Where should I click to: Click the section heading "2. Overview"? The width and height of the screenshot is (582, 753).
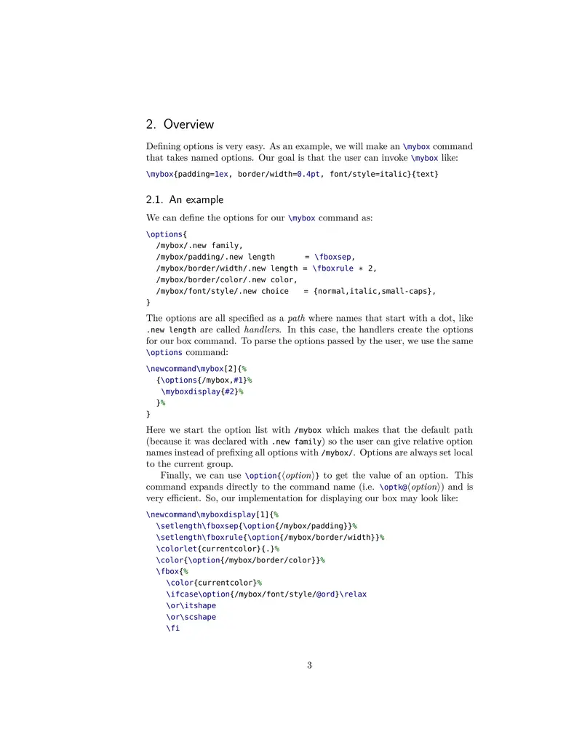[x=180, y=124]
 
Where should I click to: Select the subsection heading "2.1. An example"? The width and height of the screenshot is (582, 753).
[x=185, y=199]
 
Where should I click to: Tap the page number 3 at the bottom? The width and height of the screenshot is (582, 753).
[x=309, y=665]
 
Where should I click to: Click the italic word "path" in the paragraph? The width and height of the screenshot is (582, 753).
[x=296, y=318]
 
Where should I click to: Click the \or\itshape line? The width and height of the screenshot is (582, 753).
[x=191, y=605]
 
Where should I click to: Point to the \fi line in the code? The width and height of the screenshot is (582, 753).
[x=173, y=628]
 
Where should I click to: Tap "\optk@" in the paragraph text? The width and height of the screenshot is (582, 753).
[x=394, y=487]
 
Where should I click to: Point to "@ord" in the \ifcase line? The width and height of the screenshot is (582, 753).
[x=325, y=594]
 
